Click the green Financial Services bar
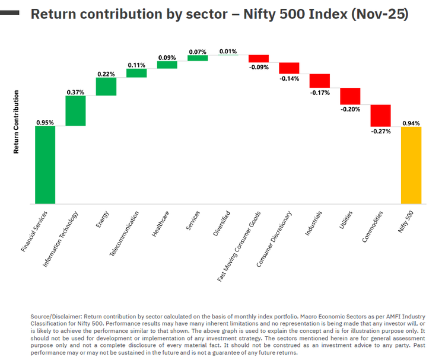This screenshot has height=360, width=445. (45, 165)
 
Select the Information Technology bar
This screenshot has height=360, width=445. (75, 111)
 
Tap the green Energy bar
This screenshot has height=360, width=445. (106, 87)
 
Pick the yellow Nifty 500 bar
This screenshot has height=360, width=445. (411, 165)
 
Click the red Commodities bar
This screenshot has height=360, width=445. (380, 115)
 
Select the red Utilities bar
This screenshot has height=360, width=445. (350, 95)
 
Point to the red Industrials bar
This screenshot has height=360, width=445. (319, 81)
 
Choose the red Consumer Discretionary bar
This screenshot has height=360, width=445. (289, 68)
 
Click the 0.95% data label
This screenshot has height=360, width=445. (45, 122)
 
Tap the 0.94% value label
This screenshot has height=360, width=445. (411, 123)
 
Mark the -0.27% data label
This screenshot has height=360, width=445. (380, 131)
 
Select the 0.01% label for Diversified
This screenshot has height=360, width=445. (228, 51)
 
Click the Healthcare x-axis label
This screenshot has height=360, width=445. (160, 224)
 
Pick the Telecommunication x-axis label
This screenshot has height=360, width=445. (125, 232)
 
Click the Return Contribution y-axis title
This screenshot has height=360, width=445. (17, 122)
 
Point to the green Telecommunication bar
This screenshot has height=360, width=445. (136, 73)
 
